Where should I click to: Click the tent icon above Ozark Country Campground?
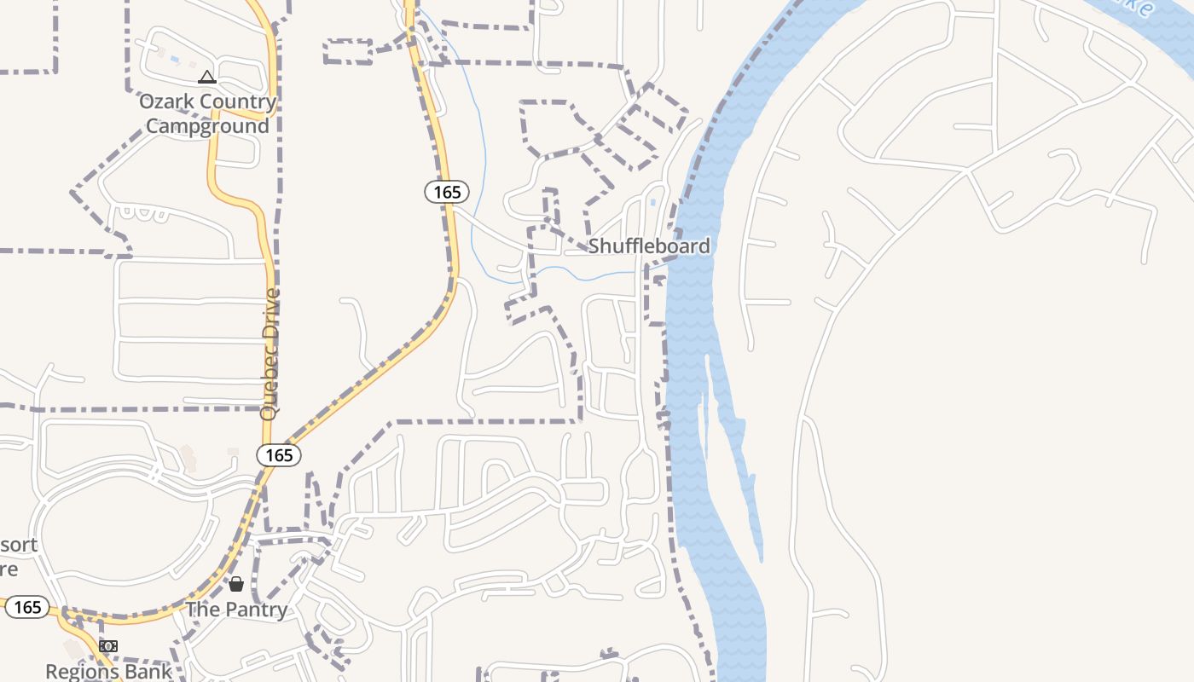tap(206, 78)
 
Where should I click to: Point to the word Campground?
tap(207, 126)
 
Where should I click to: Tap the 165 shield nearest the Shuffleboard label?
tap(447, 192)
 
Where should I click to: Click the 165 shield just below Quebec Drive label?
tap(279, 455)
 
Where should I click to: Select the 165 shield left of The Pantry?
tap(27, 607)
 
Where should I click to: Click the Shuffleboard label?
tap(649, 246)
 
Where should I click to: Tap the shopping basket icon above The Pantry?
tap(236, 584)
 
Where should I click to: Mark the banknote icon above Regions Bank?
tap(107, 646)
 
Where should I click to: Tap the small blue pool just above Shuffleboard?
tap(652, 203)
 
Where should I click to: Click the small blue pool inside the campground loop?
tap(175, 60)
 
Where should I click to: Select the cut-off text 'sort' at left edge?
tap(19, 544)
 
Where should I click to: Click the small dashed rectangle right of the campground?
tap(348, 51)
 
